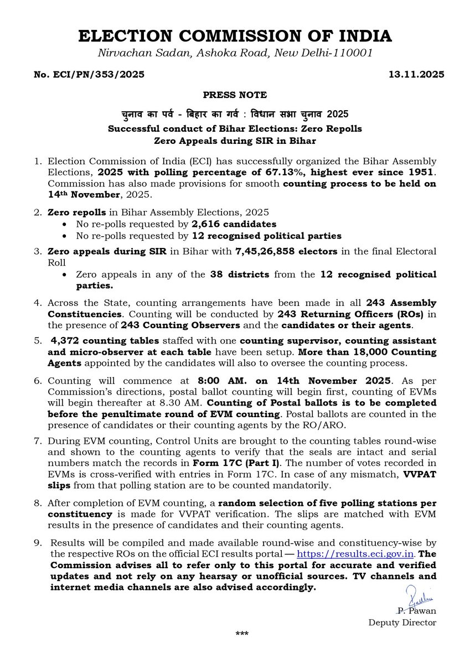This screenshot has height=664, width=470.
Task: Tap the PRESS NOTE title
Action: pos(235,95)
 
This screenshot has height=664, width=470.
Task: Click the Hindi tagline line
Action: pos(235,115)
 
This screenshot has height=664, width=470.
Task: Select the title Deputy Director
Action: pos(402,622)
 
